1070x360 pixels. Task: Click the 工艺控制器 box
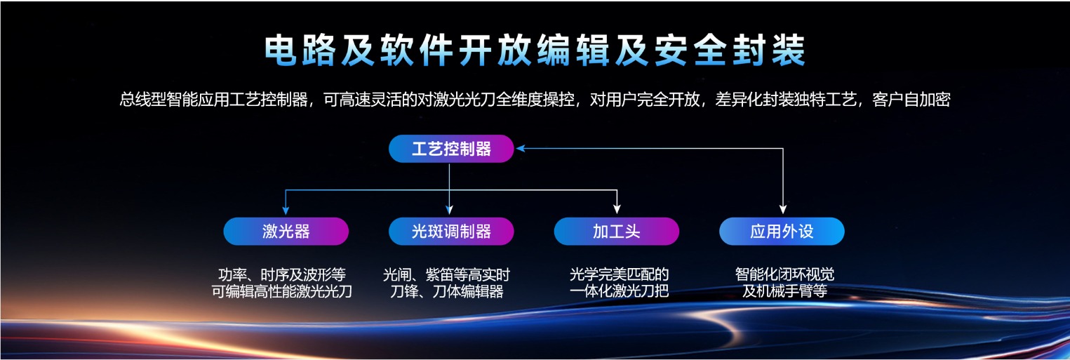(x=451, y=149)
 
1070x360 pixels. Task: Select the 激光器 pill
(x=286, y=232)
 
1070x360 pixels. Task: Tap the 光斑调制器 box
(x=451, y=232)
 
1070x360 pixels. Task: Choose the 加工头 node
(x=616, y=232)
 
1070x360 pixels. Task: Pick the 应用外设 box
(x=782, y=232)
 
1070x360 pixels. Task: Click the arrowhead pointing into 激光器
(x=286, y=211)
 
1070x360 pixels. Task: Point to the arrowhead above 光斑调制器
(x=449, y=210)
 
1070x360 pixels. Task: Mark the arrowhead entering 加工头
(x=617, y=209)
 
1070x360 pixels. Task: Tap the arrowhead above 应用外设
(x=782, y=209)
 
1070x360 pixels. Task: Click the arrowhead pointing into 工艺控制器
(x=521, y=149)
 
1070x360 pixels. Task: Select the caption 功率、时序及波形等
(x=282, y=274)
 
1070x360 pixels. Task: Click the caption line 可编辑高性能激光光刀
(x=282, y=291)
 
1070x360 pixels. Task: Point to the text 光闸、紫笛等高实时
(x=447, y=274)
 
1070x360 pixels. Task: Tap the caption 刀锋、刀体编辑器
(x=447, y=291)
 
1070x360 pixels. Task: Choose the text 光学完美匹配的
(x=619, y=274)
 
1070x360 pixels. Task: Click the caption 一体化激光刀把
(x=619, y=291)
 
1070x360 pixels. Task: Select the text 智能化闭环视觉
(x=784, y=274)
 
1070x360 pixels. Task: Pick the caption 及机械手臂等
(x=784, y=291)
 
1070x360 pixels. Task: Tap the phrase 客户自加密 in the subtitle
(x=911, y=100)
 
